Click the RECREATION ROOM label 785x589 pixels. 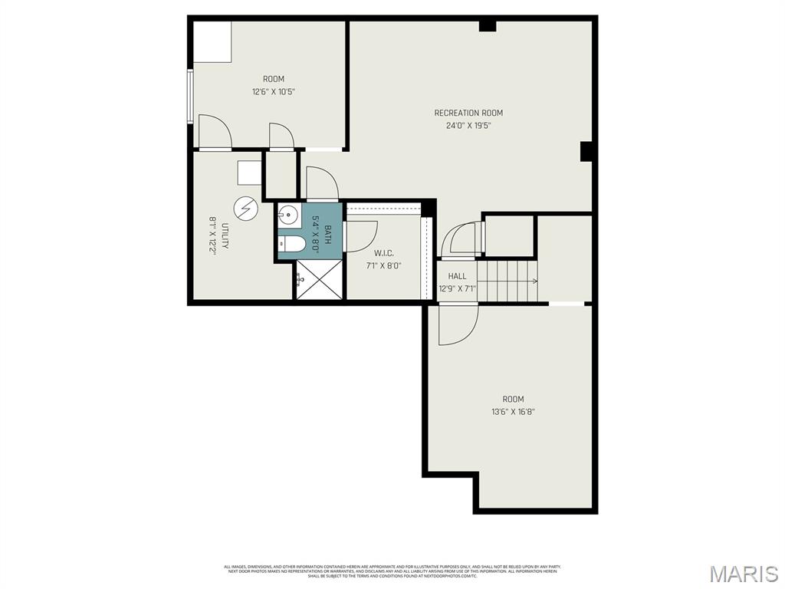click(x=468, y=114)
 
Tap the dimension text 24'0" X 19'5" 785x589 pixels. click(x=468, y=126)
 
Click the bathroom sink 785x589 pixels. click(x=288, y=215)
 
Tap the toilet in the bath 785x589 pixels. click(x=292, y=244)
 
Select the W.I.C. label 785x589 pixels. click(x=384, y=253)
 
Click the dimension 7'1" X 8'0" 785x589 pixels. click(x=384, y=266)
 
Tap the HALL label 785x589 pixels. click(x=457, y=276)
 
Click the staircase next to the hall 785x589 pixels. click(x=507, y=281)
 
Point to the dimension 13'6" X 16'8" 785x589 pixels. click(x=513, y=412)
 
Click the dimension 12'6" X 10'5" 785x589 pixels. click(x=274, y=91)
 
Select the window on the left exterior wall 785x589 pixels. click(x=189, y=96)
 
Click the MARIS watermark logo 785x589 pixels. click(x=743, y=574)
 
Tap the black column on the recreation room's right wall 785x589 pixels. click(x=586, y=151)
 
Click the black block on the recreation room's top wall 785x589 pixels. click(x=488, y=26)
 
